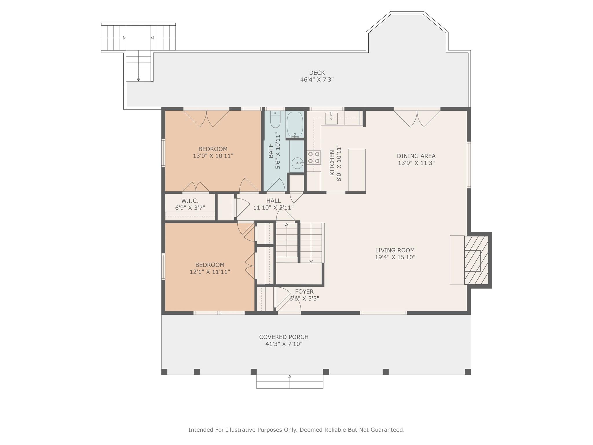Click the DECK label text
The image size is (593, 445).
click(317, 73)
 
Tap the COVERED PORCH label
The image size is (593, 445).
click(284, 337)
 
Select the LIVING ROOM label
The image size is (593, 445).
click(395, 250)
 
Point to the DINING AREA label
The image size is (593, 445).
click(416, 156)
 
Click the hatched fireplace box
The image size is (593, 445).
click(476, 260)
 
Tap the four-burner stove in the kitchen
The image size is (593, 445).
click(314, 157)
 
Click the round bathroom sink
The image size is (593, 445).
click(297, 163)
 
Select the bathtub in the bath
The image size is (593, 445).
click(295, 125)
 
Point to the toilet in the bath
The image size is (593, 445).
click(275, 119)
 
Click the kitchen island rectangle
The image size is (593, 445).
click(357, 170)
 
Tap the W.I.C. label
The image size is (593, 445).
click(190, 201)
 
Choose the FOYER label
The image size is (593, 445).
click(304, 291)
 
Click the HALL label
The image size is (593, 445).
click(273, 200)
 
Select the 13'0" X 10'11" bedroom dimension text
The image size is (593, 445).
click(213, 156)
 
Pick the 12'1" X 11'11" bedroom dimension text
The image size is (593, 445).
click(210, 272)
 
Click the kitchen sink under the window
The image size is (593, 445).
click(331, 117)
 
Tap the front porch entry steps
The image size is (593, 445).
click(290, 382)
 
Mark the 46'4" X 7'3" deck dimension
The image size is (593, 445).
click(317, 79)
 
